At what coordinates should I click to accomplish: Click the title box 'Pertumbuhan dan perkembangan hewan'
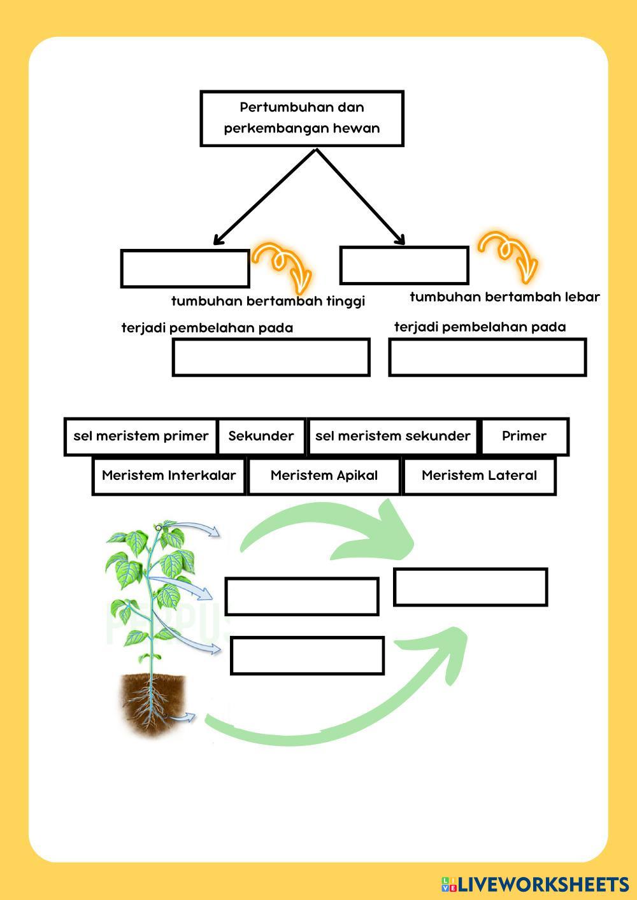tap(302, 118)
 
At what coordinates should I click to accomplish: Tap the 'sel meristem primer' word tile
tap(141, 436)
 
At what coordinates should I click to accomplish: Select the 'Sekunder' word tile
tap(261, 436)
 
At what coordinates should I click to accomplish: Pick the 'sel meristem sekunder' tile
tap(392, 436)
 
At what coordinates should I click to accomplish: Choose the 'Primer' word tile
tap(524, 436)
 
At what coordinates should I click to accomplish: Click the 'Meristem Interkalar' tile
tap(169, 475)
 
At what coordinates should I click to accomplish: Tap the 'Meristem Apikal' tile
tap(324, 475)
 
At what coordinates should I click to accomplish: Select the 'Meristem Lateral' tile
tap(479, 475)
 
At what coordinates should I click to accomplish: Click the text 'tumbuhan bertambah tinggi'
tap(268, 301)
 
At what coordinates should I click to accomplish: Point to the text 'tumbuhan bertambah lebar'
tap(505, 297)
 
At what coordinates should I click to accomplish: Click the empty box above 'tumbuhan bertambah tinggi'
tap(185, 269)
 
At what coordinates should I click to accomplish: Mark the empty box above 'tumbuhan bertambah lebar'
tap(404, 265)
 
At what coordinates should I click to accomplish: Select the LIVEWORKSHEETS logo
tap(534, 883)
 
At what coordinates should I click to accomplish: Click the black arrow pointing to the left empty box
tap(264, 197)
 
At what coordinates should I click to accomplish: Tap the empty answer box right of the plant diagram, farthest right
tap(470, 587)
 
